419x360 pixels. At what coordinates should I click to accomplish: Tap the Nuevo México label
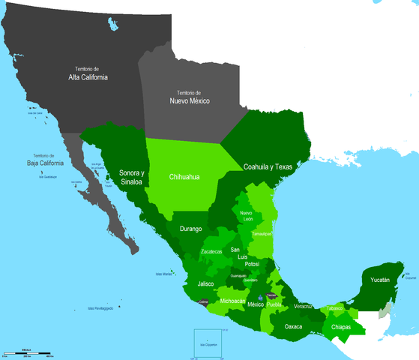click(x=189, y=100)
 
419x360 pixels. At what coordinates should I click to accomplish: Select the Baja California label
click(x=43, y=162)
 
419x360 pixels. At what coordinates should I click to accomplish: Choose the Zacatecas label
click(x=216, y=251)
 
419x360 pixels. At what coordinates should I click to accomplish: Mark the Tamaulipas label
click(x=261, y=233)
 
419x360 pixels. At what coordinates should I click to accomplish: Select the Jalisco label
click(x=205, y=284)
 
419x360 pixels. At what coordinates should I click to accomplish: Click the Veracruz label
click(x=304, y=307)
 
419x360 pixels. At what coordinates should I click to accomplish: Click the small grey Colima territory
click(x=201, y=303)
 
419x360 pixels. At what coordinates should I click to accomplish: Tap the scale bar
click(x=26, y=352)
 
